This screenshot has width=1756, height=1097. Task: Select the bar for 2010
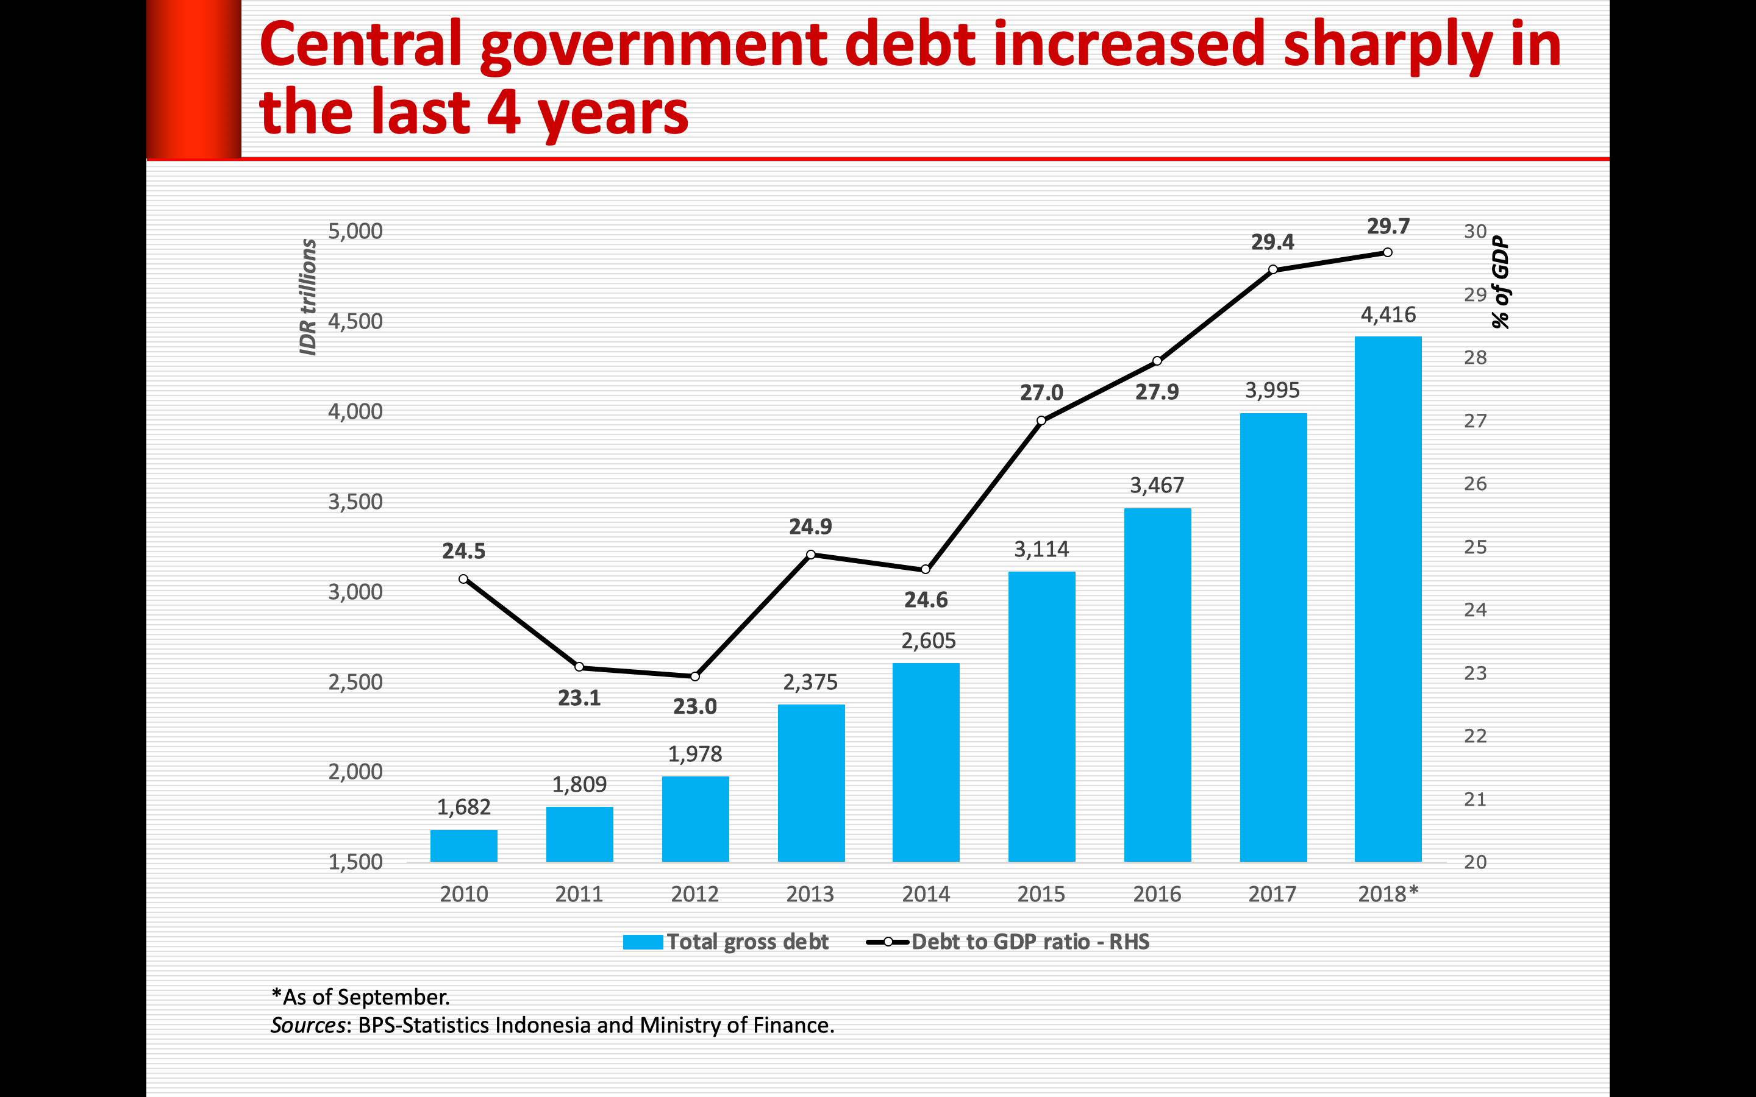pyautogui.click(x=463, y=845)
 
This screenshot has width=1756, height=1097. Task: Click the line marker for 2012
pyautogui.click(x=695, y=676)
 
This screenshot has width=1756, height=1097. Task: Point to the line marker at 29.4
pyautogui.click(x=1272, y=270)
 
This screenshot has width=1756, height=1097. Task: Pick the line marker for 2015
pyautogui.click(x=1041, y=421)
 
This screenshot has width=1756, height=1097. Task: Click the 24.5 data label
pyautogui.click(x=463, y=552)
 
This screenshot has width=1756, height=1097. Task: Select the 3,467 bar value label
pyautogui.click(x=1157, y=485)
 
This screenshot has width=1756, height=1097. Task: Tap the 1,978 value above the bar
pyautogui.click(x=695, y=754)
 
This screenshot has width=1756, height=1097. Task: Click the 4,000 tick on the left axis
pyautogui.click(x=355, y=411)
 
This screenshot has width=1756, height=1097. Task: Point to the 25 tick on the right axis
pyautogui.click(x=1475, y=547)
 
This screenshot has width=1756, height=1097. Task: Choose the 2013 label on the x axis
pyautogui.click(x=810, y=894)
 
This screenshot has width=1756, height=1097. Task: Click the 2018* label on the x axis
pyautogui.click(x=1387, y=894)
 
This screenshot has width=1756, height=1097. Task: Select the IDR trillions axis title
pyautogui.click(x=309, y=297)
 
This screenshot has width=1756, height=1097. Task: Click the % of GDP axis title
pyautogui.click(x=1501, y=282)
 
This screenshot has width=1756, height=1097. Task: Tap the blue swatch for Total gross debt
pyautogui.click(x=643, y=942)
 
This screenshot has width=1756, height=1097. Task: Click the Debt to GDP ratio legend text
pyautogui.click(x=1030, y=942)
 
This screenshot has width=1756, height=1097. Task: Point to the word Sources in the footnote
pyautogui.click(x=307, y=1025)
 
